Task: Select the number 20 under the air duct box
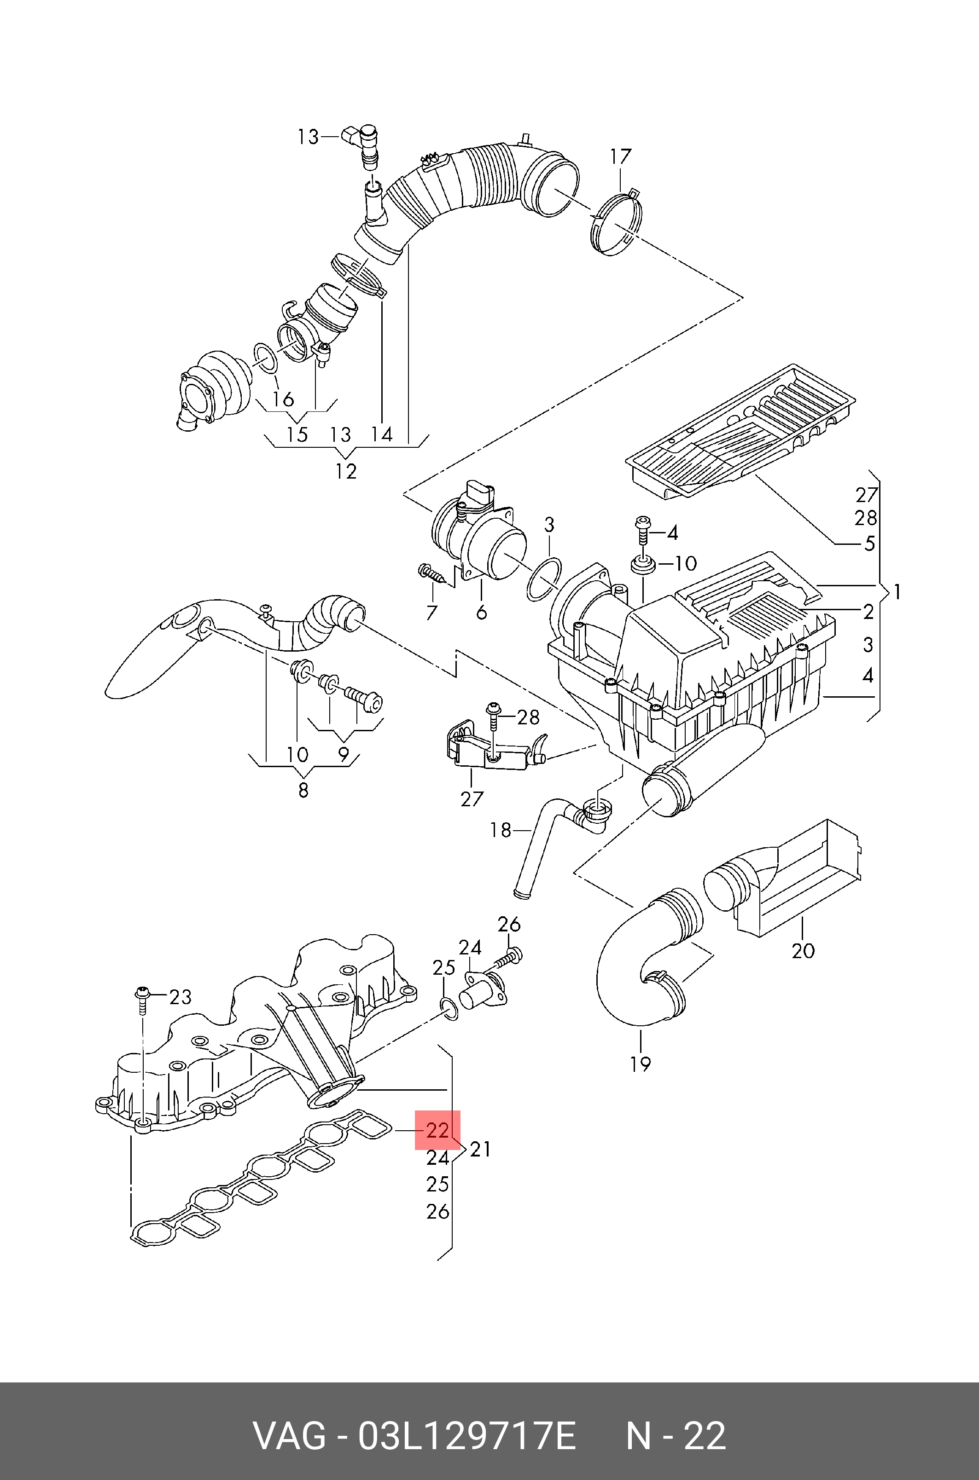tap(803, 951)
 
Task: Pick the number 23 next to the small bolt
tap(181, 997)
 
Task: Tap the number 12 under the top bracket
tap(345, 471)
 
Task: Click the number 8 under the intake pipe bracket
tap(303, 790)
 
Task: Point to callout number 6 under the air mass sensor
tap(481, 612)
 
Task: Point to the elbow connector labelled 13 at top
tap(363, 142)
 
